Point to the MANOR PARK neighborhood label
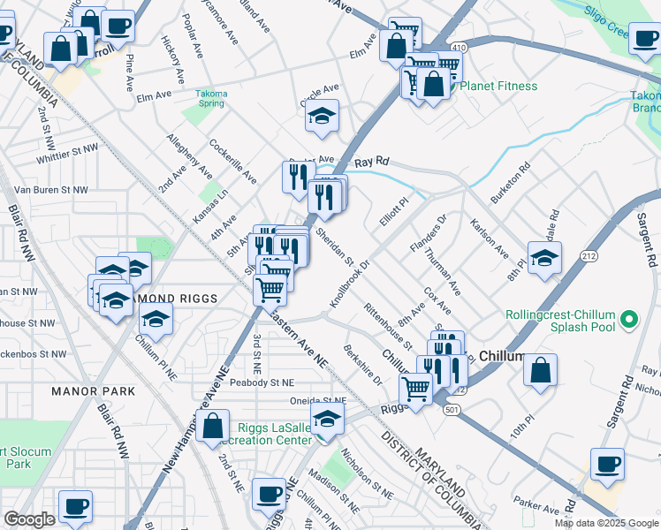93,390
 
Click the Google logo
29,519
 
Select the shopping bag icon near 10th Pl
541,372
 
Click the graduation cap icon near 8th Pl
544,258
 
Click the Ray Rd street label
372,163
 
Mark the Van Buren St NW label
51,189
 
